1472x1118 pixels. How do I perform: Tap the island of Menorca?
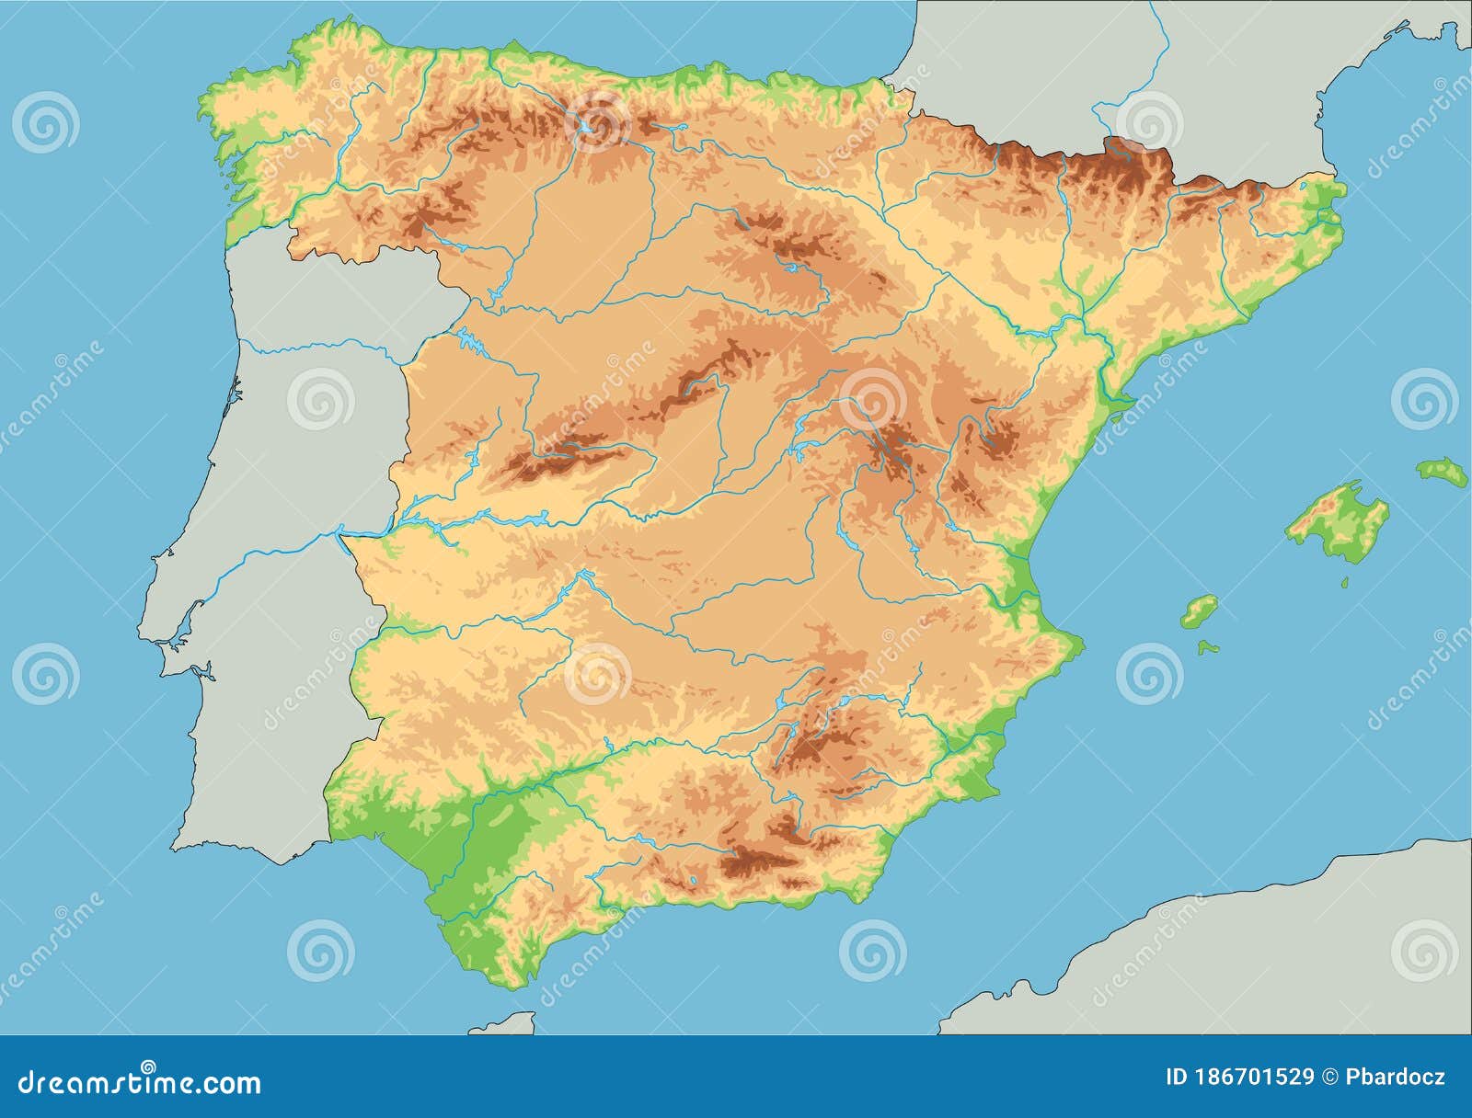point(1442,473)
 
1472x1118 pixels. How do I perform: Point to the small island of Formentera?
point(1208,647)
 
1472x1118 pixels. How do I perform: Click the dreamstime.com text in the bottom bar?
point(138,1082)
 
